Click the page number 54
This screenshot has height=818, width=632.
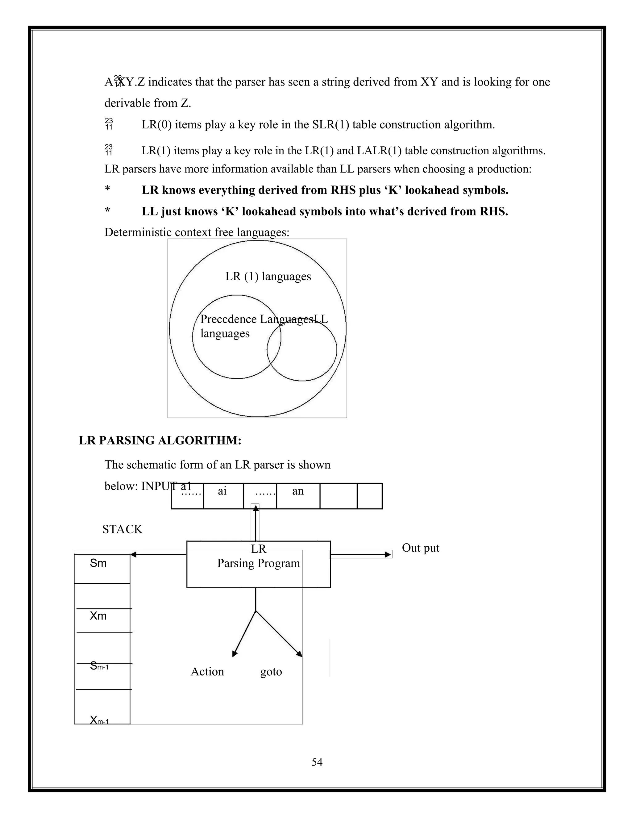tap(317, 762)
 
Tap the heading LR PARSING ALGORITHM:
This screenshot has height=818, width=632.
tap(160, 440)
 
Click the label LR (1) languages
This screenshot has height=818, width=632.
tap(268, 276)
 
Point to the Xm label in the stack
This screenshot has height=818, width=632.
tap(98, 616)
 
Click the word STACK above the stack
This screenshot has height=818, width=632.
tap(123, 529)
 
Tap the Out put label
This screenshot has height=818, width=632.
tap(421, 548)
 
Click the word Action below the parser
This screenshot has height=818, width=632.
tap(207, 672)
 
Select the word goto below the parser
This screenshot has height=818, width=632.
tap(271, 672)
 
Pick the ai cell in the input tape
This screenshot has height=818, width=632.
tap(223, 495)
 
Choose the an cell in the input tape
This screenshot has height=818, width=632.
tap(298, 495)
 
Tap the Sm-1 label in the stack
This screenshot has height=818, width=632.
tap(99, 666)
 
